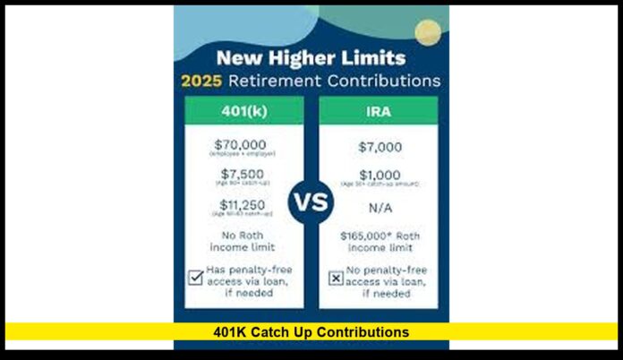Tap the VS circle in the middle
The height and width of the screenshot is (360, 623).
311,201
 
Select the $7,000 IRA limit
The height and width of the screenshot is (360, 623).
379,147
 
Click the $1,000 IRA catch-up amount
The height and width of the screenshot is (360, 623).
379,175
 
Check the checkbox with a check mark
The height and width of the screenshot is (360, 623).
194,278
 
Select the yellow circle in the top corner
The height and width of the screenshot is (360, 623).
428,32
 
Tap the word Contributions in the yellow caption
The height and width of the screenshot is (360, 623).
361,332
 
